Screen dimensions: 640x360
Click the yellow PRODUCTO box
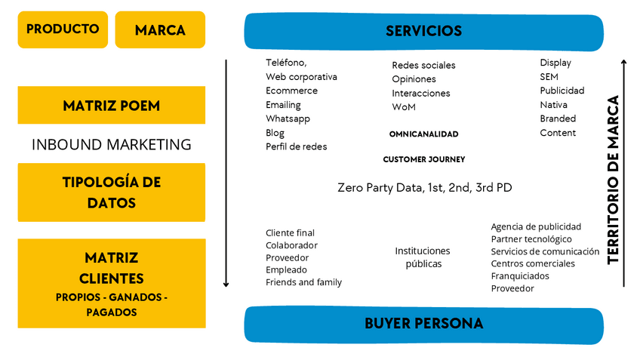[x=63, y=29]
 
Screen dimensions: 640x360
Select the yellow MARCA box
[x=160, y=30]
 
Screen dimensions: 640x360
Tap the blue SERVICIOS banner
[x=423, y=32]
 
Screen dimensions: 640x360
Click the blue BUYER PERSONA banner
[x=423, y=324]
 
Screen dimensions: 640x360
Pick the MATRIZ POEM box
[x=111, y=106]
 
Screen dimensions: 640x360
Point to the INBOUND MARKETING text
[x=111, y=145]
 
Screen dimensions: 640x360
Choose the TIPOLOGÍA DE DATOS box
[x=111, y=192]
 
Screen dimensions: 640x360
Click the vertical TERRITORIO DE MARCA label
[x=613, y=180]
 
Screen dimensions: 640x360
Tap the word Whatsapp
[x=288, y=118]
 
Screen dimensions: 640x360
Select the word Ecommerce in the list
[x=291, y=91]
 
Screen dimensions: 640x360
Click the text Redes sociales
[x=423, y=66]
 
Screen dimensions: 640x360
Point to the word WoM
[x=404, y=107]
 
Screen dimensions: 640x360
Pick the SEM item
[x=549, y=77]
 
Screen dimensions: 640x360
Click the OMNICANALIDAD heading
[x=423, y=134]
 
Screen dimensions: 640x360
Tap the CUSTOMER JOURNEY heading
[x=423, y=160]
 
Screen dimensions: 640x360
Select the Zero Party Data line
[x=424, y=187]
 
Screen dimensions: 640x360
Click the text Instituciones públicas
[x=423, y=257]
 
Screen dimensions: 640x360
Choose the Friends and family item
[x=303, y=282]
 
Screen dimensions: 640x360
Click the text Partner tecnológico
[x=531, y=239]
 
